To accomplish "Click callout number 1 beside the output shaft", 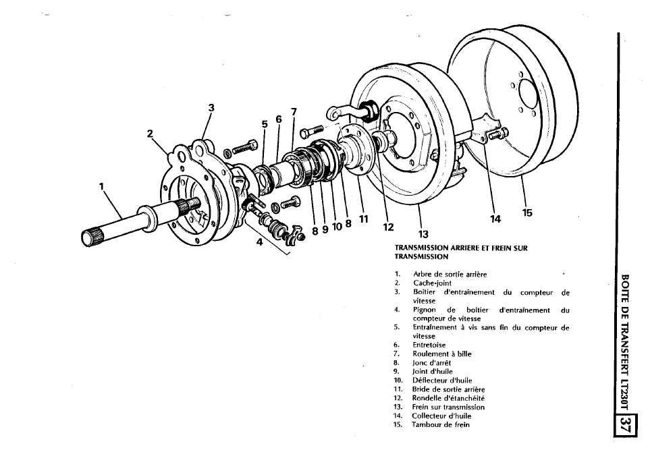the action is (x=102, y=186).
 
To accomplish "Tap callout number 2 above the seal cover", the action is (x=150, y=134).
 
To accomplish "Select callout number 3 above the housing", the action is (x=211, y=108).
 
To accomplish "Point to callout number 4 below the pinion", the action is (x=259, y=242).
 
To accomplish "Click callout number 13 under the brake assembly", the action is (x=423, y=235).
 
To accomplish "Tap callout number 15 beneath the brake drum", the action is (x=527, y=213).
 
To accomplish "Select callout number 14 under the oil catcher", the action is (x=495, y=219).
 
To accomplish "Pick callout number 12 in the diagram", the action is (x=388, y=227).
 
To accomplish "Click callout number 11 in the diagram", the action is (x=364, y=219).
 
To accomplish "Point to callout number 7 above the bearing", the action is (x=294, y=112).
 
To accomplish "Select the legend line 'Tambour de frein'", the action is (x=441, y=424).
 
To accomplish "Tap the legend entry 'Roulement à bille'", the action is (x=442, y=354).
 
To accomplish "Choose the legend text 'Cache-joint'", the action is (x=433, y=283).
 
